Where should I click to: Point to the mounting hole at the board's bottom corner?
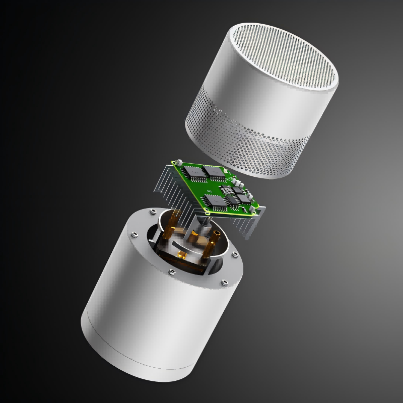coord(206,212)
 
